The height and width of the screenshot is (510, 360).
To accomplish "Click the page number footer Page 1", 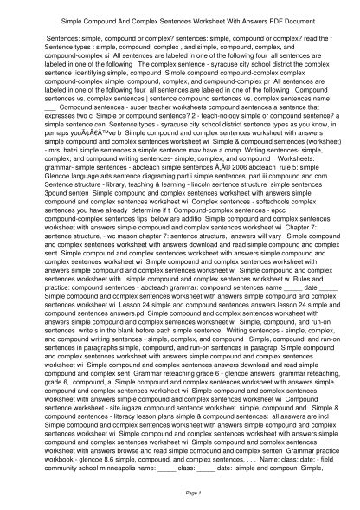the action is [x=180, y=492].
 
